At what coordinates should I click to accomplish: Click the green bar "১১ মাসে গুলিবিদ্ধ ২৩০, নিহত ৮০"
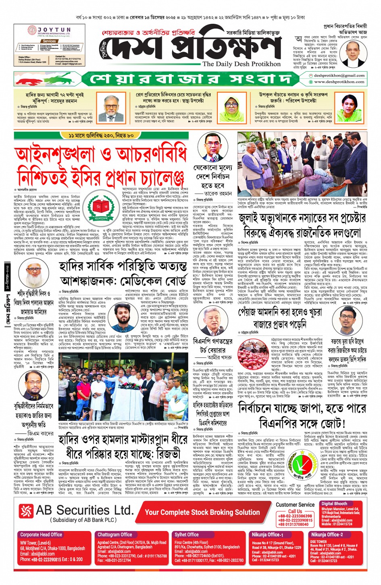[x=101, y=136]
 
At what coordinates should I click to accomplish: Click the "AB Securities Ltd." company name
[x=85, y=510]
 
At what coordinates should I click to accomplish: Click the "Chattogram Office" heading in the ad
[x=115, y=535]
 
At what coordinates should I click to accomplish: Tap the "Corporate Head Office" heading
[x=41, y=535]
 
